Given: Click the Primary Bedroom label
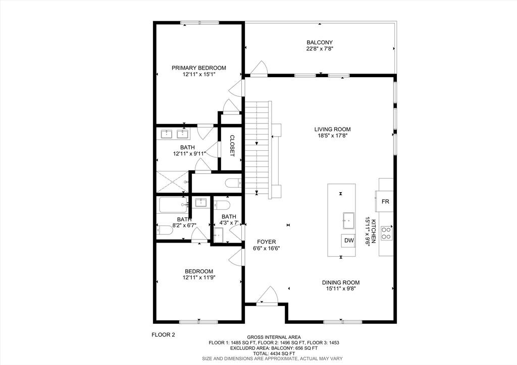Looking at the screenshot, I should point(198,68).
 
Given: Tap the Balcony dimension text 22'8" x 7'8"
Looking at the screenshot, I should point(320,49).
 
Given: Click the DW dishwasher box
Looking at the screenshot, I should point(349,240).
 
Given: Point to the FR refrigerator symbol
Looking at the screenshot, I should point(385,202).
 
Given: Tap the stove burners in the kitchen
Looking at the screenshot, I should point(386,232).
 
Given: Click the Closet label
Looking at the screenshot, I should point(232,145).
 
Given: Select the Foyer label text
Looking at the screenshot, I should point(266,241).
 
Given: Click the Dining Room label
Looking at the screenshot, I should point(341,282).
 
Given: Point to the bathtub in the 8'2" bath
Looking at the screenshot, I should point(172,204).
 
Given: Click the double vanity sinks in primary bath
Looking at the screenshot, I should point(174,134).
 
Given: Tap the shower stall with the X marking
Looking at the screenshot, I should point(171,181).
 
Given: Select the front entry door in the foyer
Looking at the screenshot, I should point(267,296).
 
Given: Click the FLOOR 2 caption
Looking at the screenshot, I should point(163,334).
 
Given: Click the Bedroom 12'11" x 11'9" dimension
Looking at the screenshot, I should point(198,277).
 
